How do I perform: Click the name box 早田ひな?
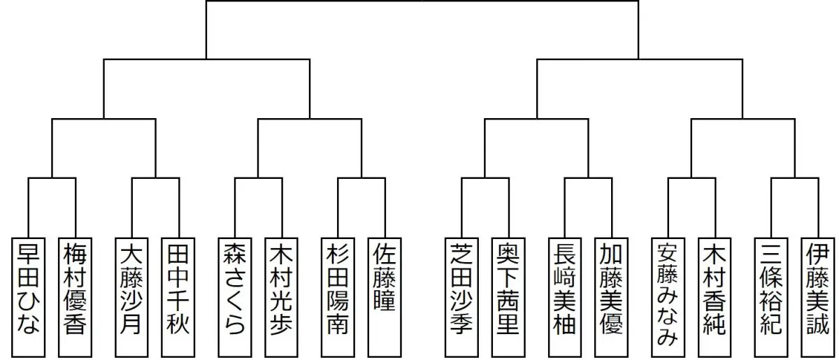pyautogui.click(x=29, y=297)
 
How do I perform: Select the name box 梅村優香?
pyautogui.click(x=74, y=297)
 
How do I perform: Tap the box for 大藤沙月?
pyautogui.click(x=131, y=297)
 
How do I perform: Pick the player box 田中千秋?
pyautogui.click(x=178, y=297)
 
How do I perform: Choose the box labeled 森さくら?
pyautogui.click(x=234, y=297)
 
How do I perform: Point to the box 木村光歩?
pyautogui.click(x=281, y=297)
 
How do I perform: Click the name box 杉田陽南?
pyautogui.click(x=338, y=297)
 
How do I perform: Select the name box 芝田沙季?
pyautogui.click(x=461, y=297)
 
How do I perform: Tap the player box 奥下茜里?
pyautogui.click(x=507, y=297)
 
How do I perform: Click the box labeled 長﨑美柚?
pyautogui.click(x=564, y=297)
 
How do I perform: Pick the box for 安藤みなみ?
pyautogui.click(x=667, y=297)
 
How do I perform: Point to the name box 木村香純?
pyautogui.click(x=714, y=297)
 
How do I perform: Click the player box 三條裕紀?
pyautogui.click(x=770, y=297)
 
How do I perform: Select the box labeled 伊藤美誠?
pyautogui.click(x=817, y=297)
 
